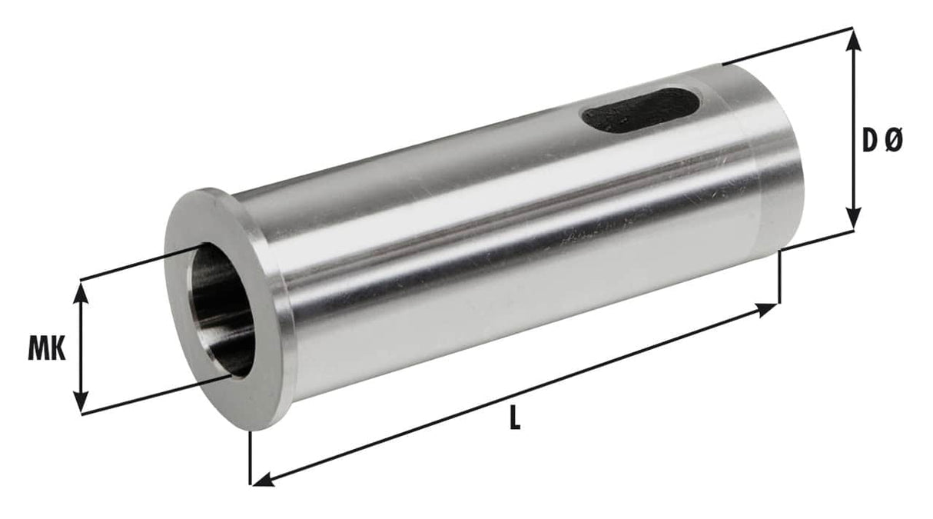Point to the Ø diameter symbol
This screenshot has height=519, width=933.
point(894,141)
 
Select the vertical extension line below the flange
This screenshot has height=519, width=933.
point(251,458)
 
